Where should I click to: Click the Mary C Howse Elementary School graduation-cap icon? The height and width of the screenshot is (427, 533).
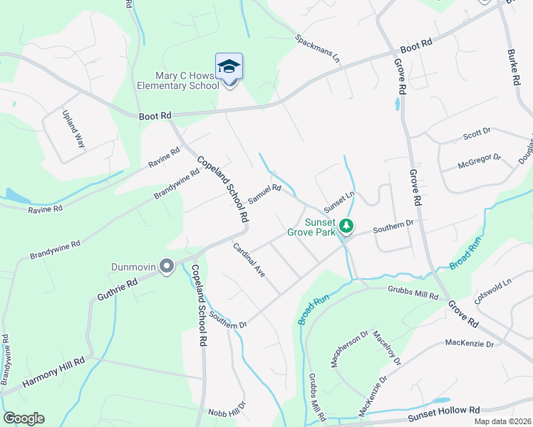229,67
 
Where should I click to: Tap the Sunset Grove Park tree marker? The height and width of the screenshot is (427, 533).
346,226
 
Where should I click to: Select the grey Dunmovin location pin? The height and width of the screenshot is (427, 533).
167,267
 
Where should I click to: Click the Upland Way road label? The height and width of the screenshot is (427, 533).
73,128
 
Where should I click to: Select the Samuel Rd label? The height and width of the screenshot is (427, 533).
265,193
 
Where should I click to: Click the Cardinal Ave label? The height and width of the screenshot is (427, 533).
249,260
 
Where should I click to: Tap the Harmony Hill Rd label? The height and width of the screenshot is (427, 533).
53,371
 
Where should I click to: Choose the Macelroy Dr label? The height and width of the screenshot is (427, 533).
387,352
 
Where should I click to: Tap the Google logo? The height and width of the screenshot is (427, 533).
24,418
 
